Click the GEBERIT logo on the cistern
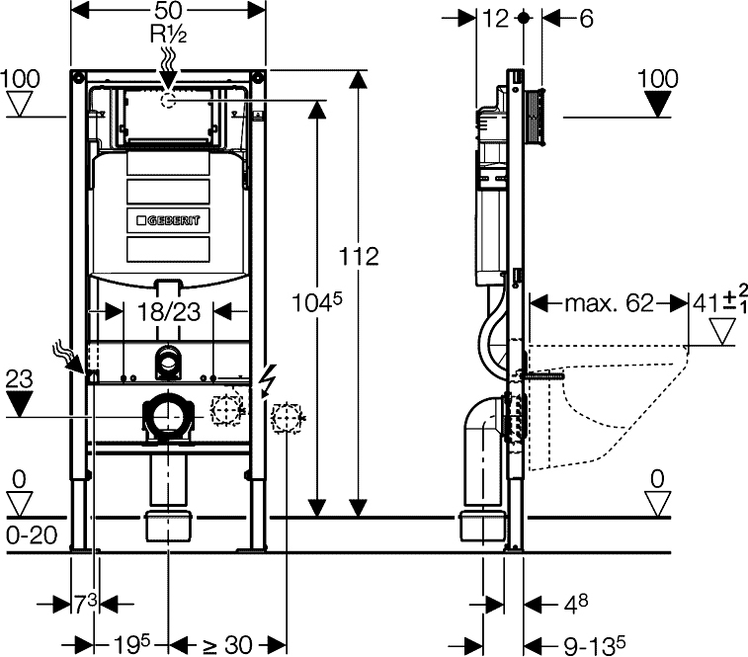tap(167, 219)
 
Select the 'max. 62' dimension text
tap(610, 303)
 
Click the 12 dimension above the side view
tap(496, 18)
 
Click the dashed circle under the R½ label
tap(168, 99)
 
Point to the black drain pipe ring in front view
tap(167, 418)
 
